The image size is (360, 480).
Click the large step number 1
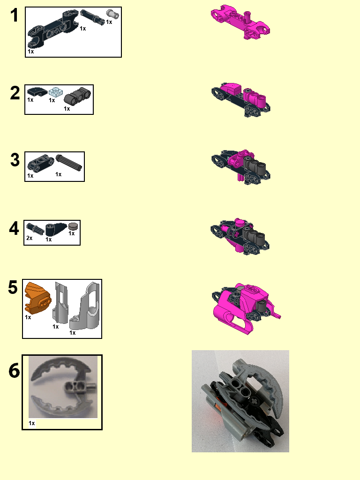[15, 15]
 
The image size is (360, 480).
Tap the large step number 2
[15, 93]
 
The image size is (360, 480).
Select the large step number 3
[15, 160]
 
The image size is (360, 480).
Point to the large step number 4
[15, 229]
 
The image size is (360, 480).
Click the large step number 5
[13, 287]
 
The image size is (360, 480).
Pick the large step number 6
[15, 371]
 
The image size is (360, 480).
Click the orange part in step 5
[37, 297]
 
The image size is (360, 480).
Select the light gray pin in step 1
[111, 14]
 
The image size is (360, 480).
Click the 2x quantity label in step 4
[29, 238]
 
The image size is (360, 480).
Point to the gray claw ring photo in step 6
[62, 386]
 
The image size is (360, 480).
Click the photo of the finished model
[240, 401]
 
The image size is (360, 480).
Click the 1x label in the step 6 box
[32, 423]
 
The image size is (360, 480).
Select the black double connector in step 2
[77, 96]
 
